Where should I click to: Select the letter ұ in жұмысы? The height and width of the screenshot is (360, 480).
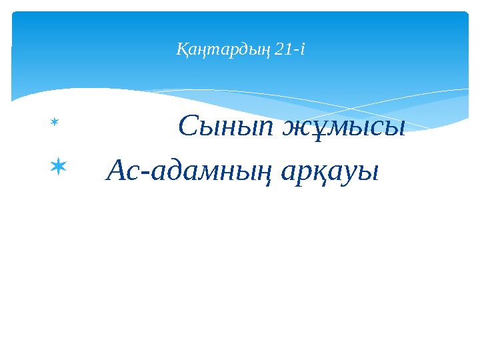coord(317,129)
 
